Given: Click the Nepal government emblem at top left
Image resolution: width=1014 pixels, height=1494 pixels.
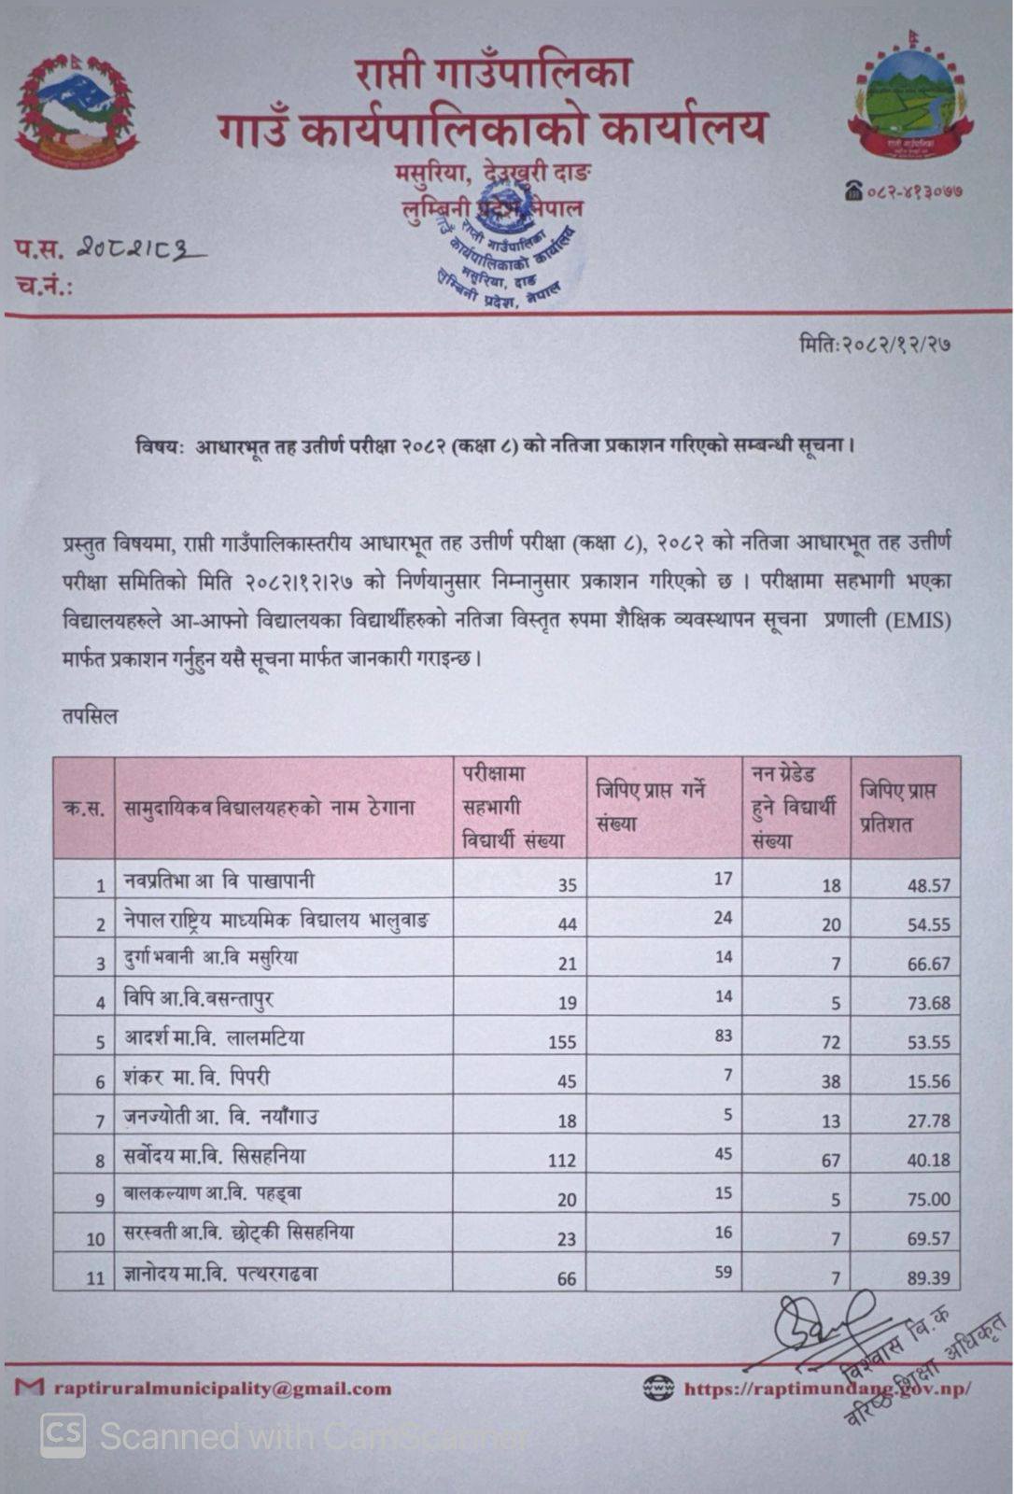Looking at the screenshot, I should coord(77,111).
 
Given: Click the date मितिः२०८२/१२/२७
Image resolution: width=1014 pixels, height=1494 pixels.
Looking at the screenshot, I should coord(875,344).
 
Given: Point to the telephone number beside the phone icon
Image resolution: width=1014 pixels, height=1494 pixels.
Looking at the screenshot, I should coord(914,191).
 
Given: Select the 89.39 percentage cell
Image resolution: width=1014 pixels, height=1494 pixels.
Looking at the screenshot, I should coord(927,1277).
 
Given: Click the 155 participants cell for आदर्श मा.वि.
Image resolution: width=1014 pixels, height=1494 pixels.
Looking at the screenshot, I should coord(562,1041).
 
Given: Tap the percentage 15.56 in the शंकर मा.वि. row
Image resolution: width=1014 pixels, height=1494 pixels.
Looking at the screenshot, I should coord(927,1081).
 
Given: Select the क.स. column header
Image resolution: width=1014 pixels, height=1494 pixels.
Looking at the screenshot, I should coord(83,808).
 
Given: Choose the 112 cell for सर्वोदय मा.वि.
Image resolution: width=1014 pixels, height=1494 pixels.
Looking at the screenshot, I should coord(562,1160).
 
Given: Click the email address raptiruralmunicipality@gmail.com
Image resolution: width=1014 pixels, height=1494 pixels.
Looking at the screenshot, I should coord(222,1388).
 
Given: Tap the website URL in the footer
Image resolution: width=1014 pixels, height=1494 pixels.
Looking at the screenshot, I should coord(826,1388).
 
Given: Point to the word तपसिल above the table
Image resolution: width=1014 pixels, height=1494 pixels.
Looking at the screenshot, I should coord(91,717).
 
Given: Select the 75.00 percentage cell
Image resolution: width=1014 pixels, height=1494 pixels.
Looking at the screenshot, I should coord(927,1199).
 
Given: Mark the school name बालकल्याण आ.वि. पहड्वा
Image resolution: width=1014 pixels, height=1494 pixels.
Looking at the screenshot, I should coord(212,1193).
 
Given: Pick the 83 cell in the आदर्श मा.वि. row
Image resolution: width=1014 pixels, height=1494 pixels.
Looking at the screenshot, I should coord(723,1035).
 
